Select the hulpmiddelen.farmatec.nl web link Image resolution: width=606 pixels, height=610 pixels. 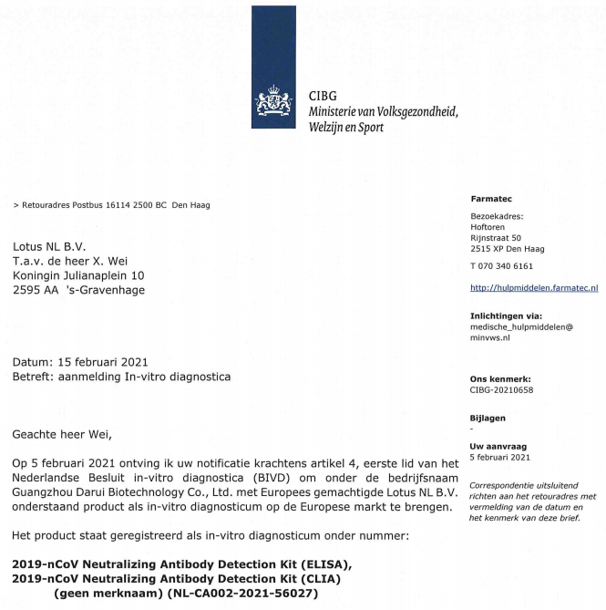(534, 288)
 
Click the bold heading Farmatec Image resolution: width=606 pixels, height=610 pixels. (492, 199)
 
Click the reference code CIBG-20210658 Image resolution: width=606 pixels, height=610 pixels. (501, 389)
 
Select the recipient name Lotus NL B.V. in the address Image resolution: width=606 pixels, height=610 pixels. (48, 246)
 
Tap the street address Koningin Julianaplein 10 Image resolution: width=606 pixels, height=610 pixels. (78, 275)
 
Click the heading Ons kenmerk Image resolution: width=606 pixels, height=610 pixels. (500, 377)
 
